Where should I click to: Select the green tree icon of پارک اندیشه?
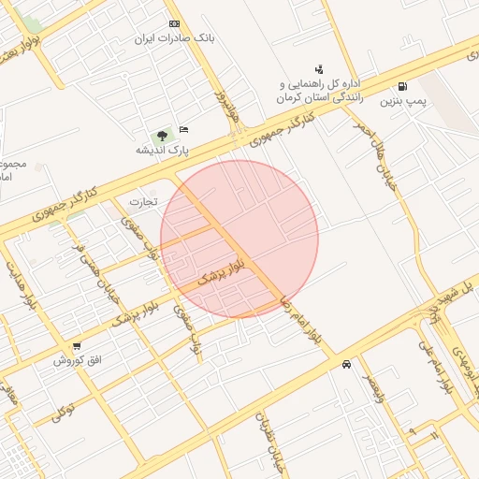(x=163, y=136)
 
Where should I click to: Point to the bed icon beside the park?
(x=183, y=129)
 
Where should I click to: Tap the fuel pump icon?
(x=402, y=86)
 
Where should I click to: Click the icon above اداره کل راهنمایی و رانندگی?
(x=319, y=68)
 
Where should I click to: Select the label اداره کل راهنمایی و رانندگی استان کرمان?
(x=326, y=90)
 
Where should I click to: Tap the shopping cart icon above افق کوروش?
(x=76, y=346)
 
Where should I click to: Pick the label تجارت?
(x=144, y=201)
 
